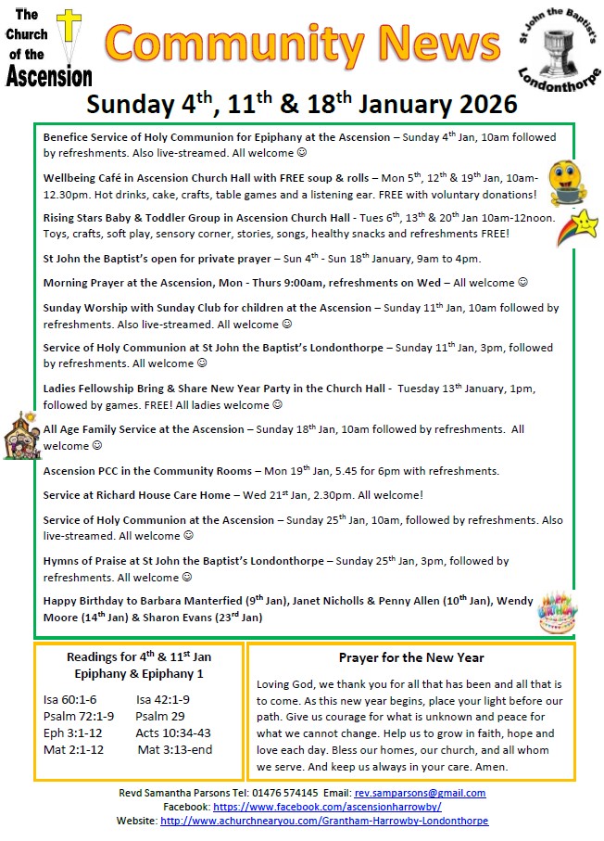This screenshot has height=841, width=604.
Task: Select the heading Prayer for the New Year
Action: pos(411,657)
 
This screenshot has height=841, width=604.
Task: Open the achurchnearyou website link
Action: pos(324,822)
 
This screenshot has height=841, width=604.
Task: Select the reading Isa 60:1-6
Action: pos(69,700)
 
